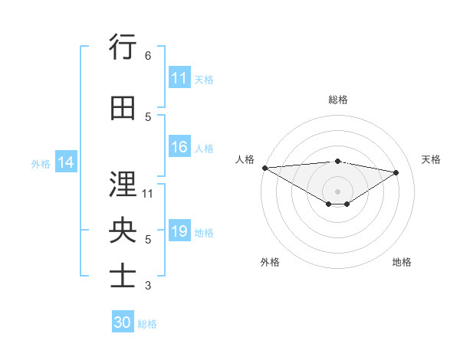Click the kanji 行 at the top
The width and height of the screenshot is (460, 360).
[x=123, y=47]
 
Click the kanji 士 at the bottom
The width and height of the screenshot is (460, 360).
[x=123, y=276]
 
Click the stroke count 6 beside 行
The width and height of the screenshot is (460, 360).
[x=147, y=56]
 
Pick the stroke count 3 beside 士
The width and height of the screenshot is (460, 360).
[x=147, y=286]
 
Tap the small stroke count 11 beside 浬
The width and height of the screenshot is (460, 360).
[x=148, y=193]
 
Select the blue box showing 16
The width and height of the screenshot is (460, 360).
[x=179, y=148]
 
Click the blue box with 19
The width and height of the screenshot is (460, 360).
[x=179, y=231]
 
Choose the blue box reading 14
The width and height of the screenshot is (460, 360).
[x=66, y=162]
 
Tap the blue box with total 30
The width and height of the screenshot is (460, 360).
[x=123, y=322]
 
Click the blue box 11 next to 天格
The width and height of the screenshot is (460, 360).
[x=179, y=78]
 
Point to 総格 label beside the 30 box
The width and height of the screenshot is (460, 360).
[x=147, y=324]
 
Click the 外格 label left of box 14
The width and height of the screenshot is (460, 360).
[x=41, y=163]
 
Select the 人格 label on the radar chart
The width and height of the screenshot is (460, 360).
[x=245, y=159]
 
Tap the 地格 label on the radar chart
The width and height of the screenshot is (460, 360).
[x=402, y=262]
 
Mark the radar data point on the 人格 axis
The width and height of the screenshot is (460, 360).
[x=264, y=168]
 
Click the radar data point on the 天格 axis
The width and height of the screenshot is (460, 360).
[x=396, y=172]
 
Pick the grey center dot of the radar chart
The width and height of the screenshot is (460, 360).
[x=337, y=190]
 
